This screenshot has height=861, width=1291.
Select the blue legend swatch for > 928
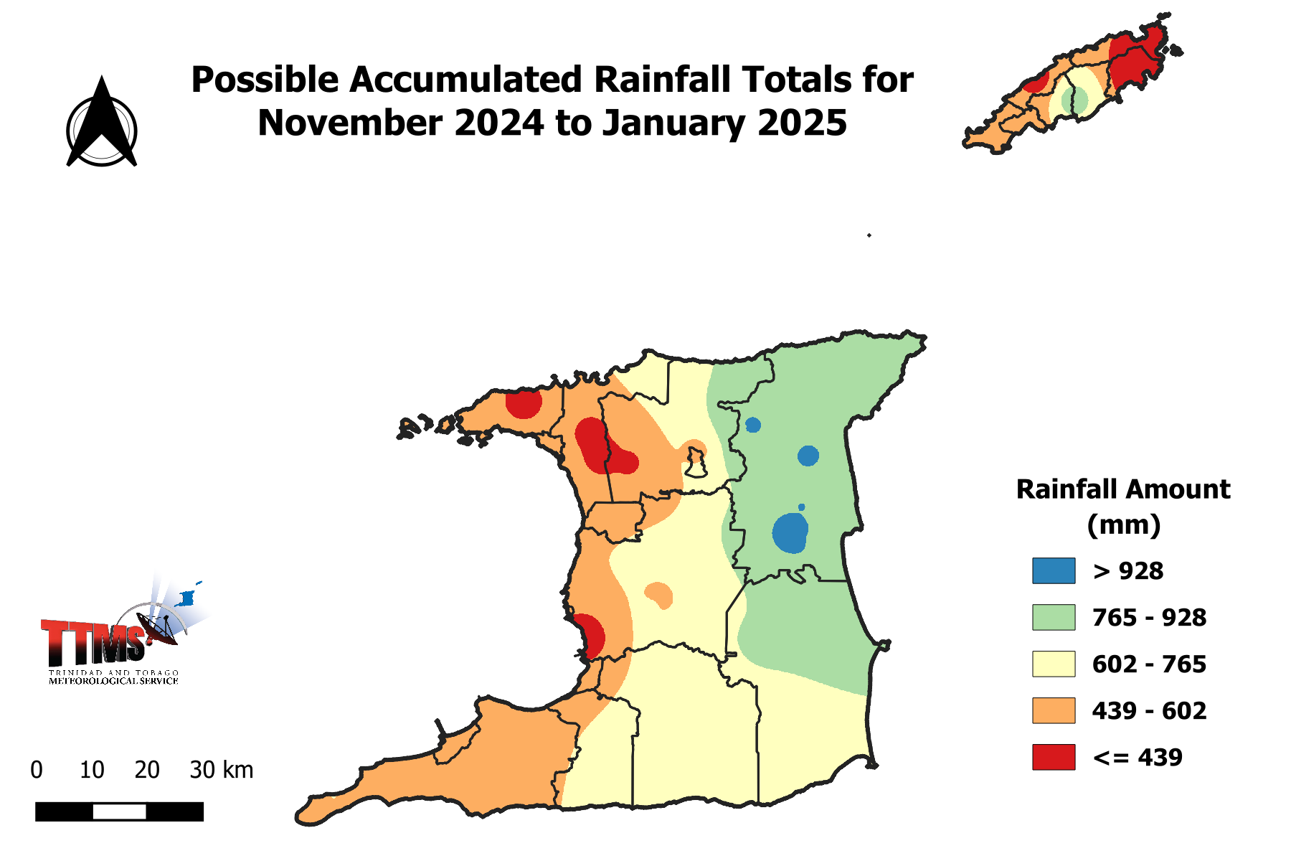(x=1054, y=571)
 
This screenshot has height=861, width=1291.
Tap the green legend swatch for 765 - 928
(x=1054, y=618)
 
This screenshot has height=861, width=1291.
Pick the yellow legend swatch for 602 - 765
(x=1054, y=664)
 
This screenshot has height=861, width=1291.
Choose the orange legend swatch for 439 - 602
(x=1054, y=711)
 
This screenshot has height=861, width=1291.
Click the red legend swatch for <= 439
(x=1054, y=758)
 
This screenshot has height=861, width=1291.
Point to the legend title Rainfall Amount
(x=1123, y=490)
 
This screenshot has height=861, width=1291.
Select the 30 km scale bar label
(x=221, y=771)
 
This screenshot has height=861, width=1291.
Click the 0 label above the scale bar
(x=37, y=771)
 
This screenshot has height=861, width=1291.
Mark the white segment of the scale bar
(x=120, y=812)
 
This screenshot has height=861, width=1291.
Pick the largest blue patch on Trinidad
(x=790, y=533)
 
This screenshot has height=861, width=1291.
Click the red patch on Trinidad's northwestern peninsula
(x=524, y=404)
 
